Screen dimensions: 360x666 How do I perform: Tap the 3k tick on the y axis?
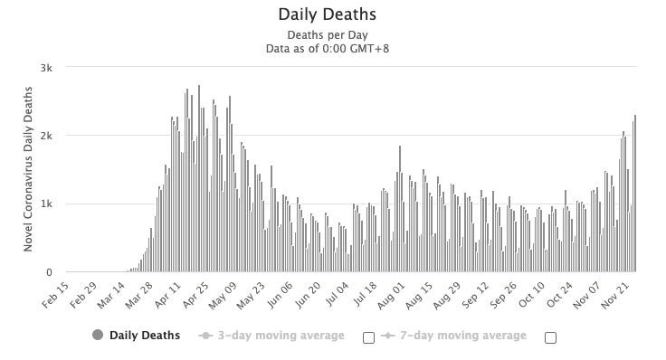[45, 68]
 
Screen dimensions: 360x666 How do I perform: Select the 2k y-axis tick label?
[45, 136]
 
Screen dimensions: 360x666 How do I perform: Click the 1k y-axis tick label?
[45, 204]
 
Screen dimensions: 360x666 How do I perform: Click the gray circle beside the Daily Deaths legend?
[98, 335]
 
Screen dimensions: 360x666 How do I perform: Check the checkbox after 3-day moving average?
[368, 337]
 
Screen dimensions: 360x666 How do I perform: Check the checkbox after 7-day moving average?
[550, 337]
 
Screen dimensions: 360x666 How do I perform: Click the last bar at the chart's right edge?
[635, 194]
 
